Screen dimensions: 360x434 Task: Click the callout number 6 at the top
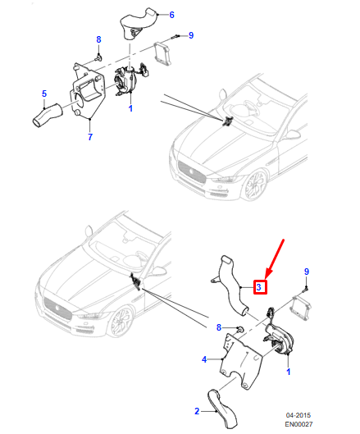pos(171,15)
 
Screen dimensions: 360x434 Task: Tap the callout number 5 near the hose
pos(44,94)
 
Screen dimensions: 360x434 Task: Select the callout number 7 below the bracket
pos(90,137)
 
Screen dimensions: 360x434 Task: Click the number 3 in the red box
pos(258,287)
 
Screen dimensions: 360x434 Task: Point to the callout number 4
pos(204,359)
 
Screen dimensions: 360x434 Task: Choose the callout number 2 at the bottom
pos(197,411)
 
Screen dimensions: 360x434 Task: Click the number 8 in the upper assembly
pos(98,39)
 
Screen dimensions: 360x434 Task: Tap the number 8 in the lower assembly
pos(219,327)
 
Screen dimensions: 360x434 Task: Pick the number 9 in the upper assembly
pos(191,35)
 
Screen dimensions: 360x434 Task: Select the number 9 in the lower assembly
pos(307,272)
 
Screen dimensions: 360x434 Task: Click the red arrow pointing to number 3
pos(275,258)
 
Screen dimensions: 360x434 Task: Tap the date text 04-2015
pos(298,415)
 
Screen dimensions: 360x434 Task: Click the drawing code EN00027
pos(298,424)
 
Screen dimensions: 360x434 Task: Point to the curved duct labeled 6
pos(139,25)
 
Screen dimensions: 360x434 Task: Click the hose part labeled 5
pos(47,116)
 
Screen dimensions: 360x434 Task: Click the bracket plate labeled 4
pos(241,360)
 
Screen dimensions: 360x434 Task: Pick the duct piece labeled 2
pos(222,409)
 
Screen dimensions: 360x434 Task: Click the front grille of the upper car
pos(192,172)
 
